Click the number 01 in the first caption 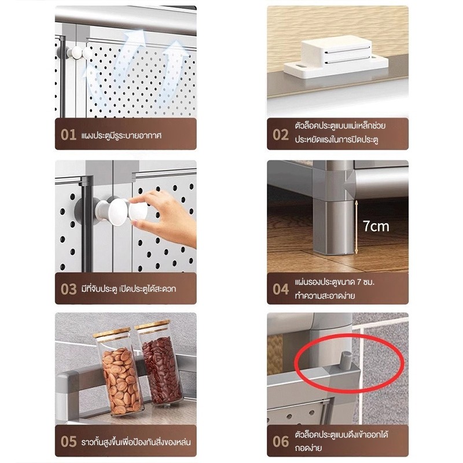tap(68, 135)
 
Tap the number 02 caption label tap(281, 135)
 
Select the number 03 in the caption tap(68, 289)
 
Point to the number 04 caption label tap(281, 289)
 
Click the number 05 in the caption tap(68, 442)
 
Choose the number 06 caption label tap(281, 442)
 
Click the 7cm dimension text tap(376, 226)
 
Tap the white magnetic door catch tap(336, 57)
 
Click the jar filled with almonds tap(119, 373)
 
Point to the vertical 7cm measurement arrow tap(357, 227)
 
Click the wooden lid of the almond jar tap(112, 333)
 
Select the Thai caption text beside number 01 tap(122, 135)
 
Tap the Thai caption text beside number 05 tap(136, 442)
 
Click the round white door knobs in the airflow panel tap(78, 53)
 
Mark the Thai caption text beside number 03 tap(128, 288)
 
